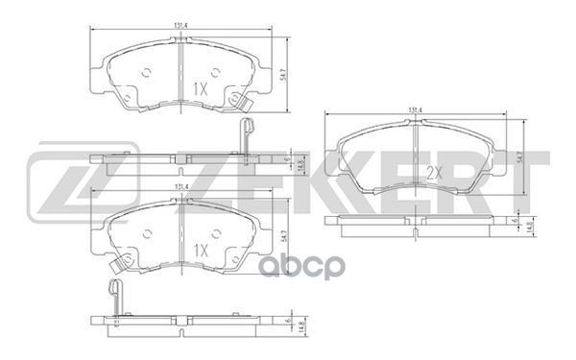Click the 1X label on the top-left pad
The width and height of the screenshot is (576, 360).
(200, 88)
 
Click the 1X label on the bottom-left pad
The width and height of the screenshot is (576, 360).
(200, 250)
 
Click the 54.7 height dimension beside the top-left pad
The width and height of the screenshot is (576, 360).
(284, 75)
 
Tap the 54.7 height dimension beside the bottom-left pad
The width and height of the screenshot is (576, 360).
(284, 234)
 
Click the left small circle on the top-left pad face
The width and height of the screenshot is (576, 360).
(146, 73)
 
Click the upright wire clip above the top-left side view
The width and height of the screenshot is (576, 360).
(245, 134)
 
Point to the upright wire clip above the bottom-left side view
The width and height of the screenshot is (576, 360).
(116, 294)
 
